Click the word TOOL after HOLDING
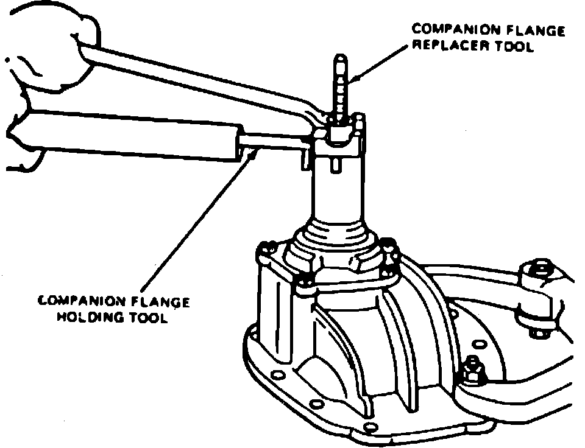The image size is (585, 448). tap(147, 318)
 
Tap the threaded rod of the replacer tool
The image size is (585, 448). tap(339, 85)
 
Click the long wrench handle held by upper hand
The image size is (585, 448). tap(201, 79)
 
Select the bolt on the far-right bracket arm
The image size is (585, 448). tap(540, 270)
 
